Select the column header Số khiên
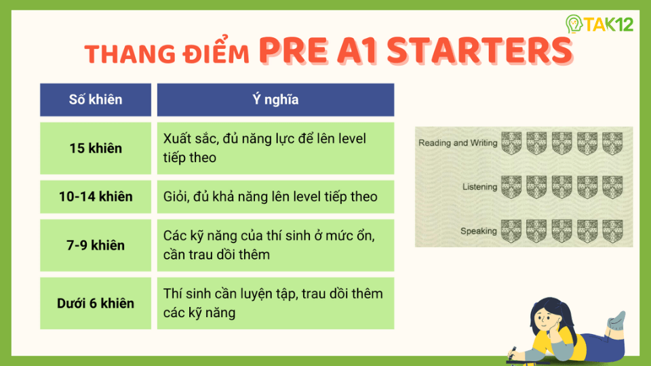click(96, 100)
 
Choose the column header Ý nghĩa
click(275, 100)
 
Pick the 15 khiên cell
click(96, 148)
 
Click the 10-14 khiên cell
click(96, 197)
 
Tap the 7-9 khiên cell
click(96, 245)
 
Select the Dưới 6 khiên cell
click(96, 303)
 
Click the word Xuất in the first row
click(178, 139)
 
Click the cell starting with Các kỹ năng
click(275, 245)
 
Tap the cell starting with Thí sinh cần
click(275, 303)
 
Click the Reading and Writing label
click(458, 143)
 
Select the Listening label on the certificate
click(479, 187)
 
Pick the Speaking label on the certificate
click(478, 231)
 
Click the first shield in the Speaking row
click(511, 231)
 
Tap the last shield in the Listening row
click(612, 187)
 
